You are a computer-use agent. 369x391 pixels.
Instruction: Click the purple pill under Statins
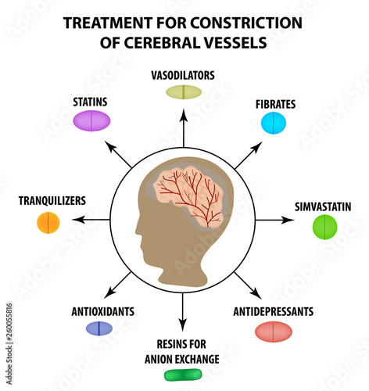pyautogui.click(x=91, y=121)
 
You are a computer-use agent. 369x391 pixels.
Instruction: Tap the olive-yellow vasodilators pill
pyautogui.click(x=184, y=92)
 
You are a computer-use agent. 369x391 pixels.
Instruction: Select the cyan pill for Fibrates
pyautogui.click(x=274, y=123)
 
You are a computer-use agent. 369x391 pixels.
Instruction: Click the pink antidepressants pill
pyautogui.click(x=274, y=331)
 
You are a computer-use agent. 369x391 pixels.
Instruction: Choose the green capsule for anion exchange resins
pyautogui.click(x=184, y=375)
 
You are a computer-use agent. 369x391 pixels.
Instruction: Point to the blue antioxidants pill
pyautogui.click(x=99, y=328)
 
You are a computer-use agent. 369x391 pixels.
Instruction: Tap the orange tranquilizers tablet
pyautogui.click(x=48, y=223)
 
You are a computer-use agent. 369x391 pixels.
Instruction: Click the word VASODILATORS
pyautogui.click(x=183, y=75)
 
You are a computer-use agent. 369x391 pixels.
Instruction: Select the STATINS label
pyautogui.click(x=90, y=102)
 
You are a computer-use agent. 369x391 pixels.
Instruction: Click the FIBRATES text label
pyautogui.click(x=274, y=103)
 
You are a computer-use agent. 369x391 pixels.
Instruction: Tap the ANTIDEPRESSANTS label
pyautogui.click(x=274, y=311)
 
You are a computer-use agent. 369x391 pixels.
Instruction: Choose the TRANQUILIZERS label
pyautogui.click(x=52, y=201)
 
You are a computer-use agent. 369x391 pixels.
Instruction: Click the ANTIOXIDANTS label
pyautogui.click(x=100, y=311)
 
